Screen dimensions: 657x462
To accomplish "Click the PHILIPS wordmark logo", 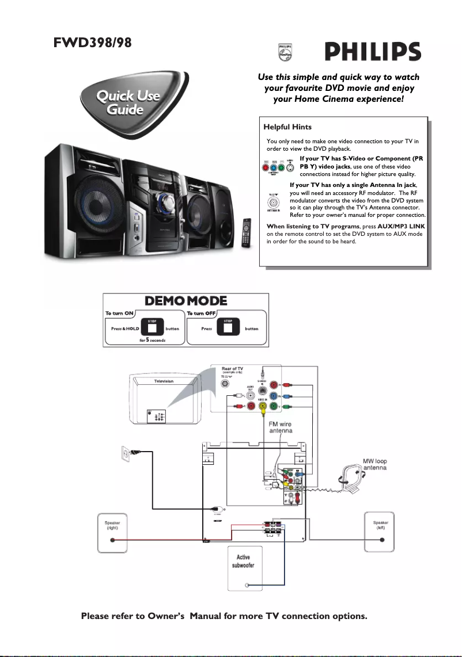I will pyautogui.click(x=372, y=53).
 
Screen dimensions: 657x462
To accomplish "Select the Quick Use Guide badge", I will pyautogui.click(x=128, y=102).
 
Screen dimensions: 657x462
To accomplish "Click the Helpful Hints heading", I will pyautogui.click(x=287, y=127).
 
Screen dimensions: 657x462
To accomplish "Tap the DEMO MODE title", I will pyautogui.click(x=185, y=301).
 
